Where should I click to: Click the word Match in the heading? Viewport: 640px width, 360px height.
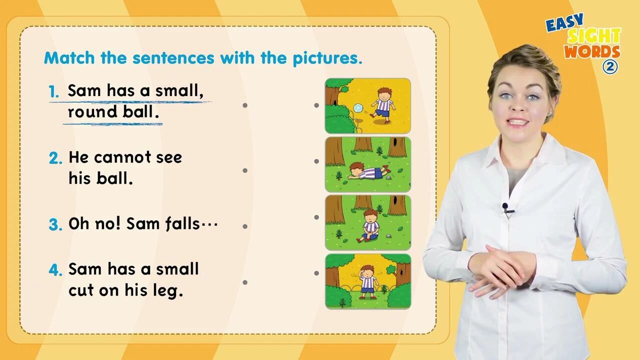(x=69, y=57)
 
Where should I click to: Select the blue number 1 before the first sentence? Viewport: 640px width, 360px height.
(x=54, y=91)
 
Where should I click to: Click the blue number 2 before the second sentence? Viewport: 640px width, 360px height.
(x=55, y=158)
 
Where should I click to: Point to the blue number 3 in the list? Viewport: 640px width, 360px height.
(x=55, y=224)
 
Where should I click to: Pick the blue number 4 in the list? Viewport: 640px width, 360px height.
(x=55, y=269)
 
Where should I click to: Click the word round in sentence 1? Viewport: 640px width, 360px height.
(x=92, y=111)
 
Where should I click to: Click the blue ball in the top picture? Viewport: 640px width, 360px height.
(x=358, y=108)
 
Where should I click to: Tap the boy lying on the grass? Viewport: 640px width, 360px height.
(x=369, y=171)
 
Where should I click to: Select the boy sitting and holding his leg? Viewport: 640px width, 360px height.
(x=369, y=225)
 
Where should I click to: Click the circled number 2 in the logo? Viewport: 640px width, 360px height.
(x=610, y=67)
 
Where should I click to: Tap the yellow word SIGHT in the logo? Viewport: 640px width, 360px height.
(x=593, y=36)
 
